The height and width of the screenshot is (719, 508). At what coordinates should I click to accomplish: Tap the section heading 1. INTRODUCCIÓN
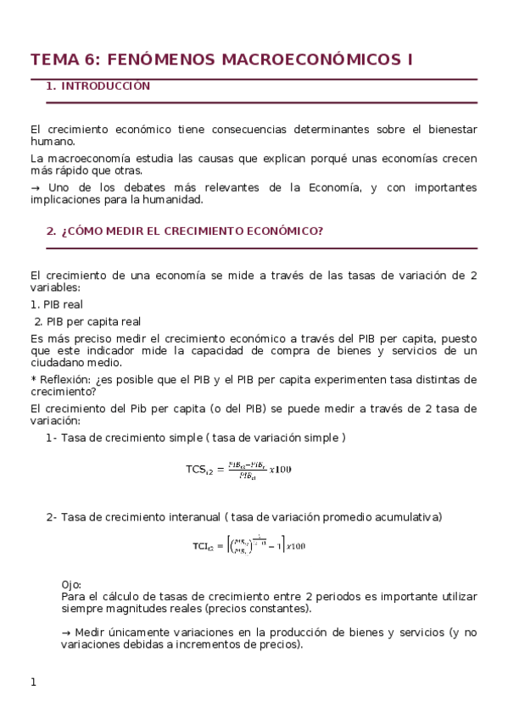[x=98, y=86]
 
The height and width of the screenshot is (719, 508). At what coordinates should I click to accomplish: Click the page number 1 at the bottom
[x=34, y=682]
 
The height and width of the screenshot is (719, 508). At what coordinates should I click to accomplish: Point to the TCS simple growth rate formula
[x=238, y=469]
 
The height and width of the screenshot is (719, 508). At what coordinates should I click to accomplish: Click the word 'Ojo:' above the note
[x=73, y=585]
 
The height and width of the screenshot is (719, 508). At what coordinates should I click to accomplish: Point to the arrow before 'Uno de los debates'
[x=35, y=187]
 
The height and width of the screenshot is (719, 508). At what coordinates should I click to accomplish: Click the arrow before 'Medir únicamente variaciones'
[x=66, y=632]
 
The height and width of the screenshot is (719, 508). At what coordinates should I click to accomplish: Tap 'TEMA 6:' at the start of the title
[x=64, y=59]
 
